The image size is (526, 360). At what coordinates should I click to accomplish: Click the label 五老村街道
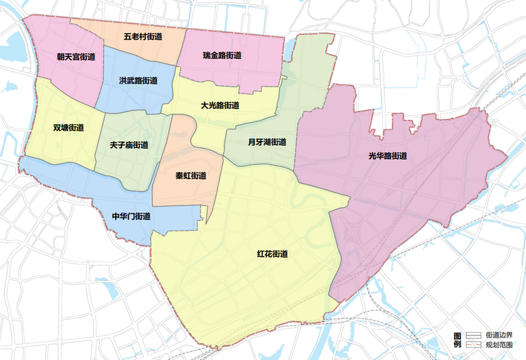coord(142,36)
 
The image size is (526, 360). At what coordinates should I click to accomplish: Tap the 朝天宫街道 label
coord(76,55)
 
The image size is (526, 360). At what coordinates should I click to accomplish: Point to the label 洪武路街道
coord(137,81)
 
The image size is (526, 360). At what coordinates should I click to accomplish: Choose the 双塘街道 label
coord(68,128)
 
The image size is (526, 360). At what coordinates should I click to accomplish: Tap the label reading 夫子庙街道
coord(129,145)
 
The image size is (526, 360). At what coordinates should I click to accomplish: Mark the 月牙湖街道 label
coord(267,142)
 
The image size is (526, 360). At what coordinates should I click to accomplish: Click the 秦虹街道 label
coord(191,175)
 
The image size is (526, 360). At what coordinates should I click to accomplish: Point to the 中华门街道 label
coord(131,216)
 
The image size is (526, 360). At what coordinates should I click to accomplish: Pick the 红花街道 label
coord(272,253)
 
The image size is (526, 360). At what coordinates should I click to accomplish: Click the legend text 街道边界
coord(499,336)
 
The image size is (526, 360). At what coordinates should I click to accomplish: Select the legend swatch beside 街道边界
coord(474,336)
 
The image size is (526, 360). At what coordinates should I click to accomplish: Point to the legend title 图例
coord(457,340)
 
